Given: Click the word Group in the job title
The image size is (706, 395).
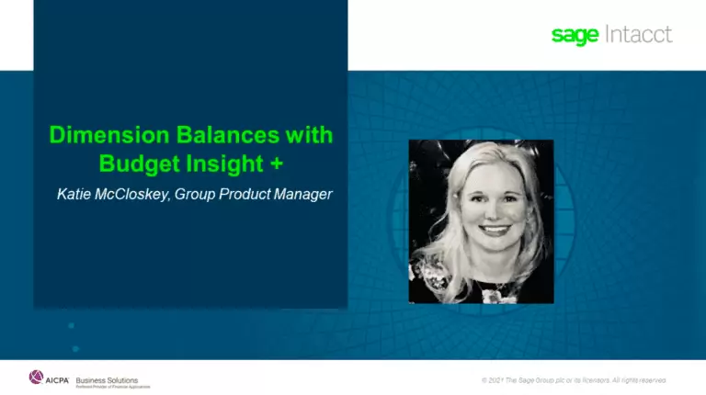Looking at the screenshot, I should click(x=197, y=195).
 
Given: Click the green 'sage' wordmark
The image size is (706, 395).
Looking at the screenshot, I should click(x=575, y=36).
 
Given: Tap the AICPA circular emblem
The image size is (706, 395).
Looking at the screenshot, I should click(x=37, y=377).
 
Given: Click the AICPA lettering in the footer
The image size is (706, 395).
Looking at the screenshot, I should click(x=57, y=378).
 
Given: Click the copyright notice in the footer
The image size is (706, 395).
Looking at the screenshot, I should click(x=574, y=378).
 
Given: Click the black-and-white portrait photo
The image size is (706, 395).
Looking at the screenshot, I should click(x=481, y=220).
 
